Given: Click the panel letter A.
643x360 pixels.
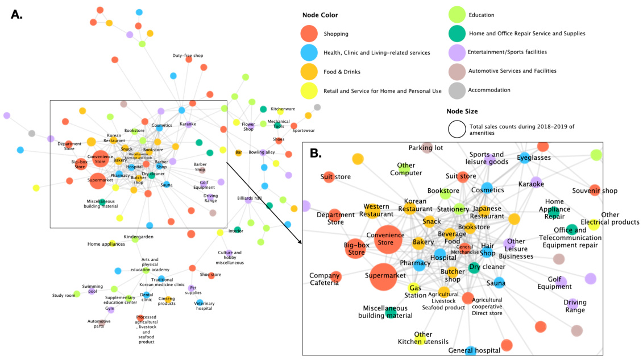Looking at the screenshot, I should point(16,14).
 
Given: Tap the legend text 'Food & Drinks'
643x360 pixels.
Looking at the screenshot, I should point(342,72).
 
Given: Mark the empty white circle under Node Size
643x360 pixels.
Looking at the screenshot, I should point(458,130).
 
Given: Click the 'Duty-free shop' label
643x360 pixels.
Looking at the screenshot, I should point(188,56).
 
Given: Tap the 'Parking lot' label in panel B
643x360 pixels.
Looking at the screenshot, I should point(426,147).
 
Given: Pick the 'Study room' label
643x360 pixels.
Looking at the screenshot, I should point(64,295).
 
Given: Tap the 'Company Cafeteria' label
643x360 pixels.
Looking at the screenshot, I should point(325,279).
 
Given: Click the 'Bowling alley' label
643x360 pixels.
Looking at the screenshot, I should point(262,152).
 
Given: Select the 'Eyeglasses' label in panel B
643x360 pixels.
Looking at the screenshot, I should point(534,157).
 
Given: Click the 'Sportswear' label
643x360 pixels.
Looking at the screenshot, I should point(303,130).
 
